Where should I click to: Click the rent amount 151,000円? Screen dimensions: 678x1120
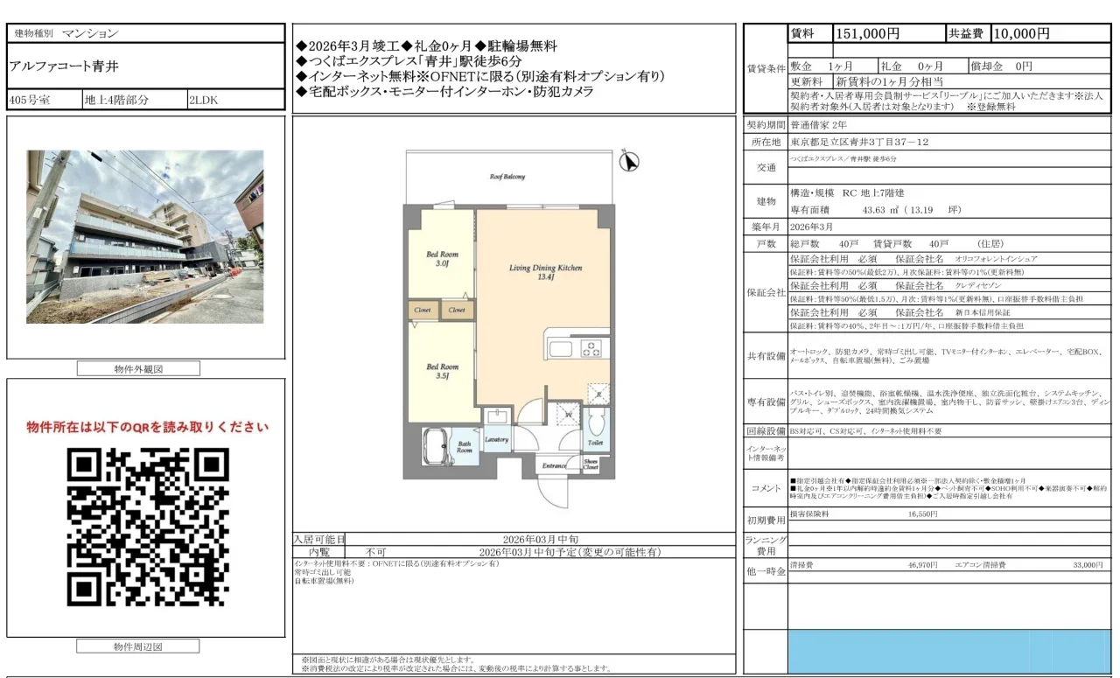868,34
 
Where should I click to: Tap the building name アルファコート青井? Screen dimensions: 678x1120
63,66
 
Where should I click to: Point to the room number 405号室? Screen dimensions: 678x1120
29,100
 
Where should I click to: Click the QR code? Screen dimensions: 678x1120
148,528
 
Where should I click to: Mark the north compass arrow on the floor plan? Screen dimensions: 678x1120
628,162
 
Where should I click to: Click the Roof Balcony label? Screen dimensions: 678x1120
507,177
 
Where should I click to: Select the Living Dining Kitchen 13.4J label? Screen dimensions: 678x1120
546,273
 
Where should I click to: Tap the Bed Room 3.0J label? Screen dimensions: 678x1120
442,259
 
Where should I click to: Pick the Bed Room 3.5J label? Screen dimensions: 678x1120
442,372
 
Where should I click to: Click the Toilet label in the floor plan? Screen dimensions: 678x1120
595,444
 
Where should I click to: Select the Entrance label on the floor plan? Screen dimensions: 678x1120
553,466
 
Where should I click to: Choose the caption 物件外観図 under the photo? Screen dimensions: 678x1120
138,369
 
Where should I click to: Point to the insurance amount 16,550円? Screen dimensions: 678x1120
922,515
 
